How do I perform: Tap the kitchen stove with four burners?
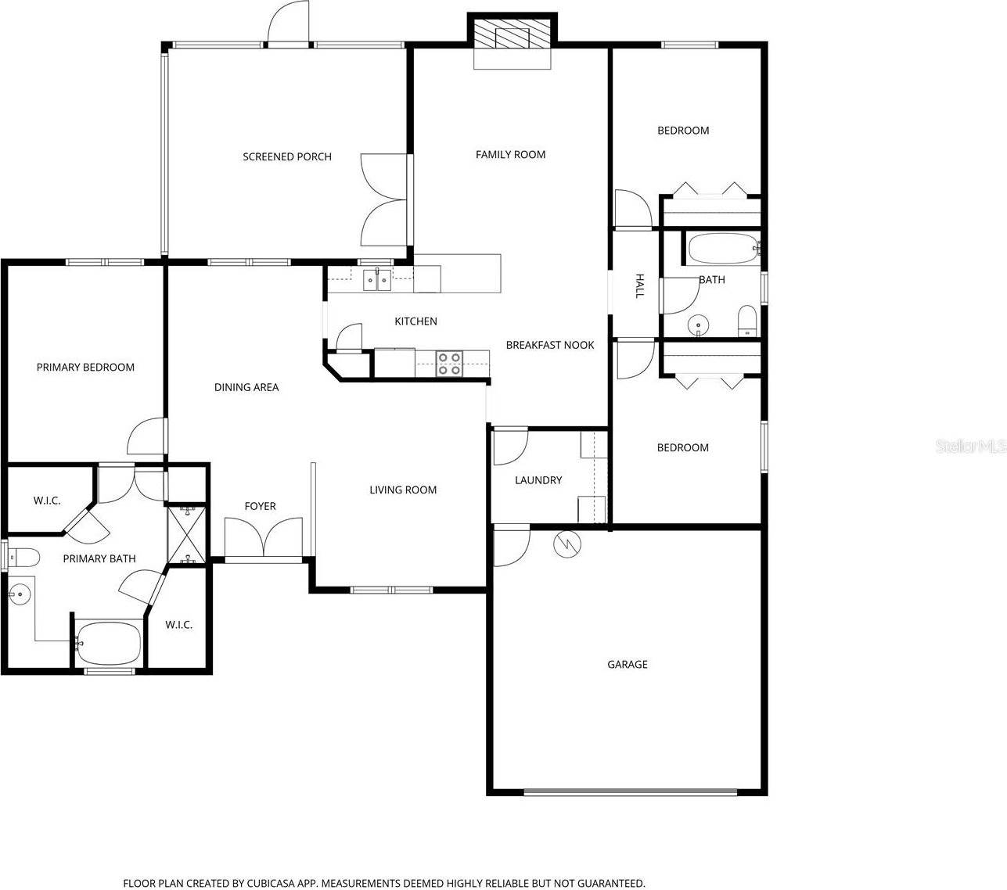coord(449,364)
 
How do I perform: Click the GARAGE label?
coord(628,665)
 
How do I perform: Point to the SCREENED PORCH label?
coord(287,157)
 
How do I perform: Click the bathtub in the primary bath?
coord(109,643)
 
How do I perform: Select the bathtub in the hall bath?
coord(722,249)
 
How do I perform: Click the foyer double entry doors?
coord(263,538)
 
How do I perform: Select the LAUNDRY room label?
coord(538,480)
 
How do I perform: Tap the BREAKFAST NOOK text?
coord(550,345)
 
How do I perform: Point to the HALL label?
coord(639,286)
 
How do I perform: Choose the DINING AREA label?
coord(246,387)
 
